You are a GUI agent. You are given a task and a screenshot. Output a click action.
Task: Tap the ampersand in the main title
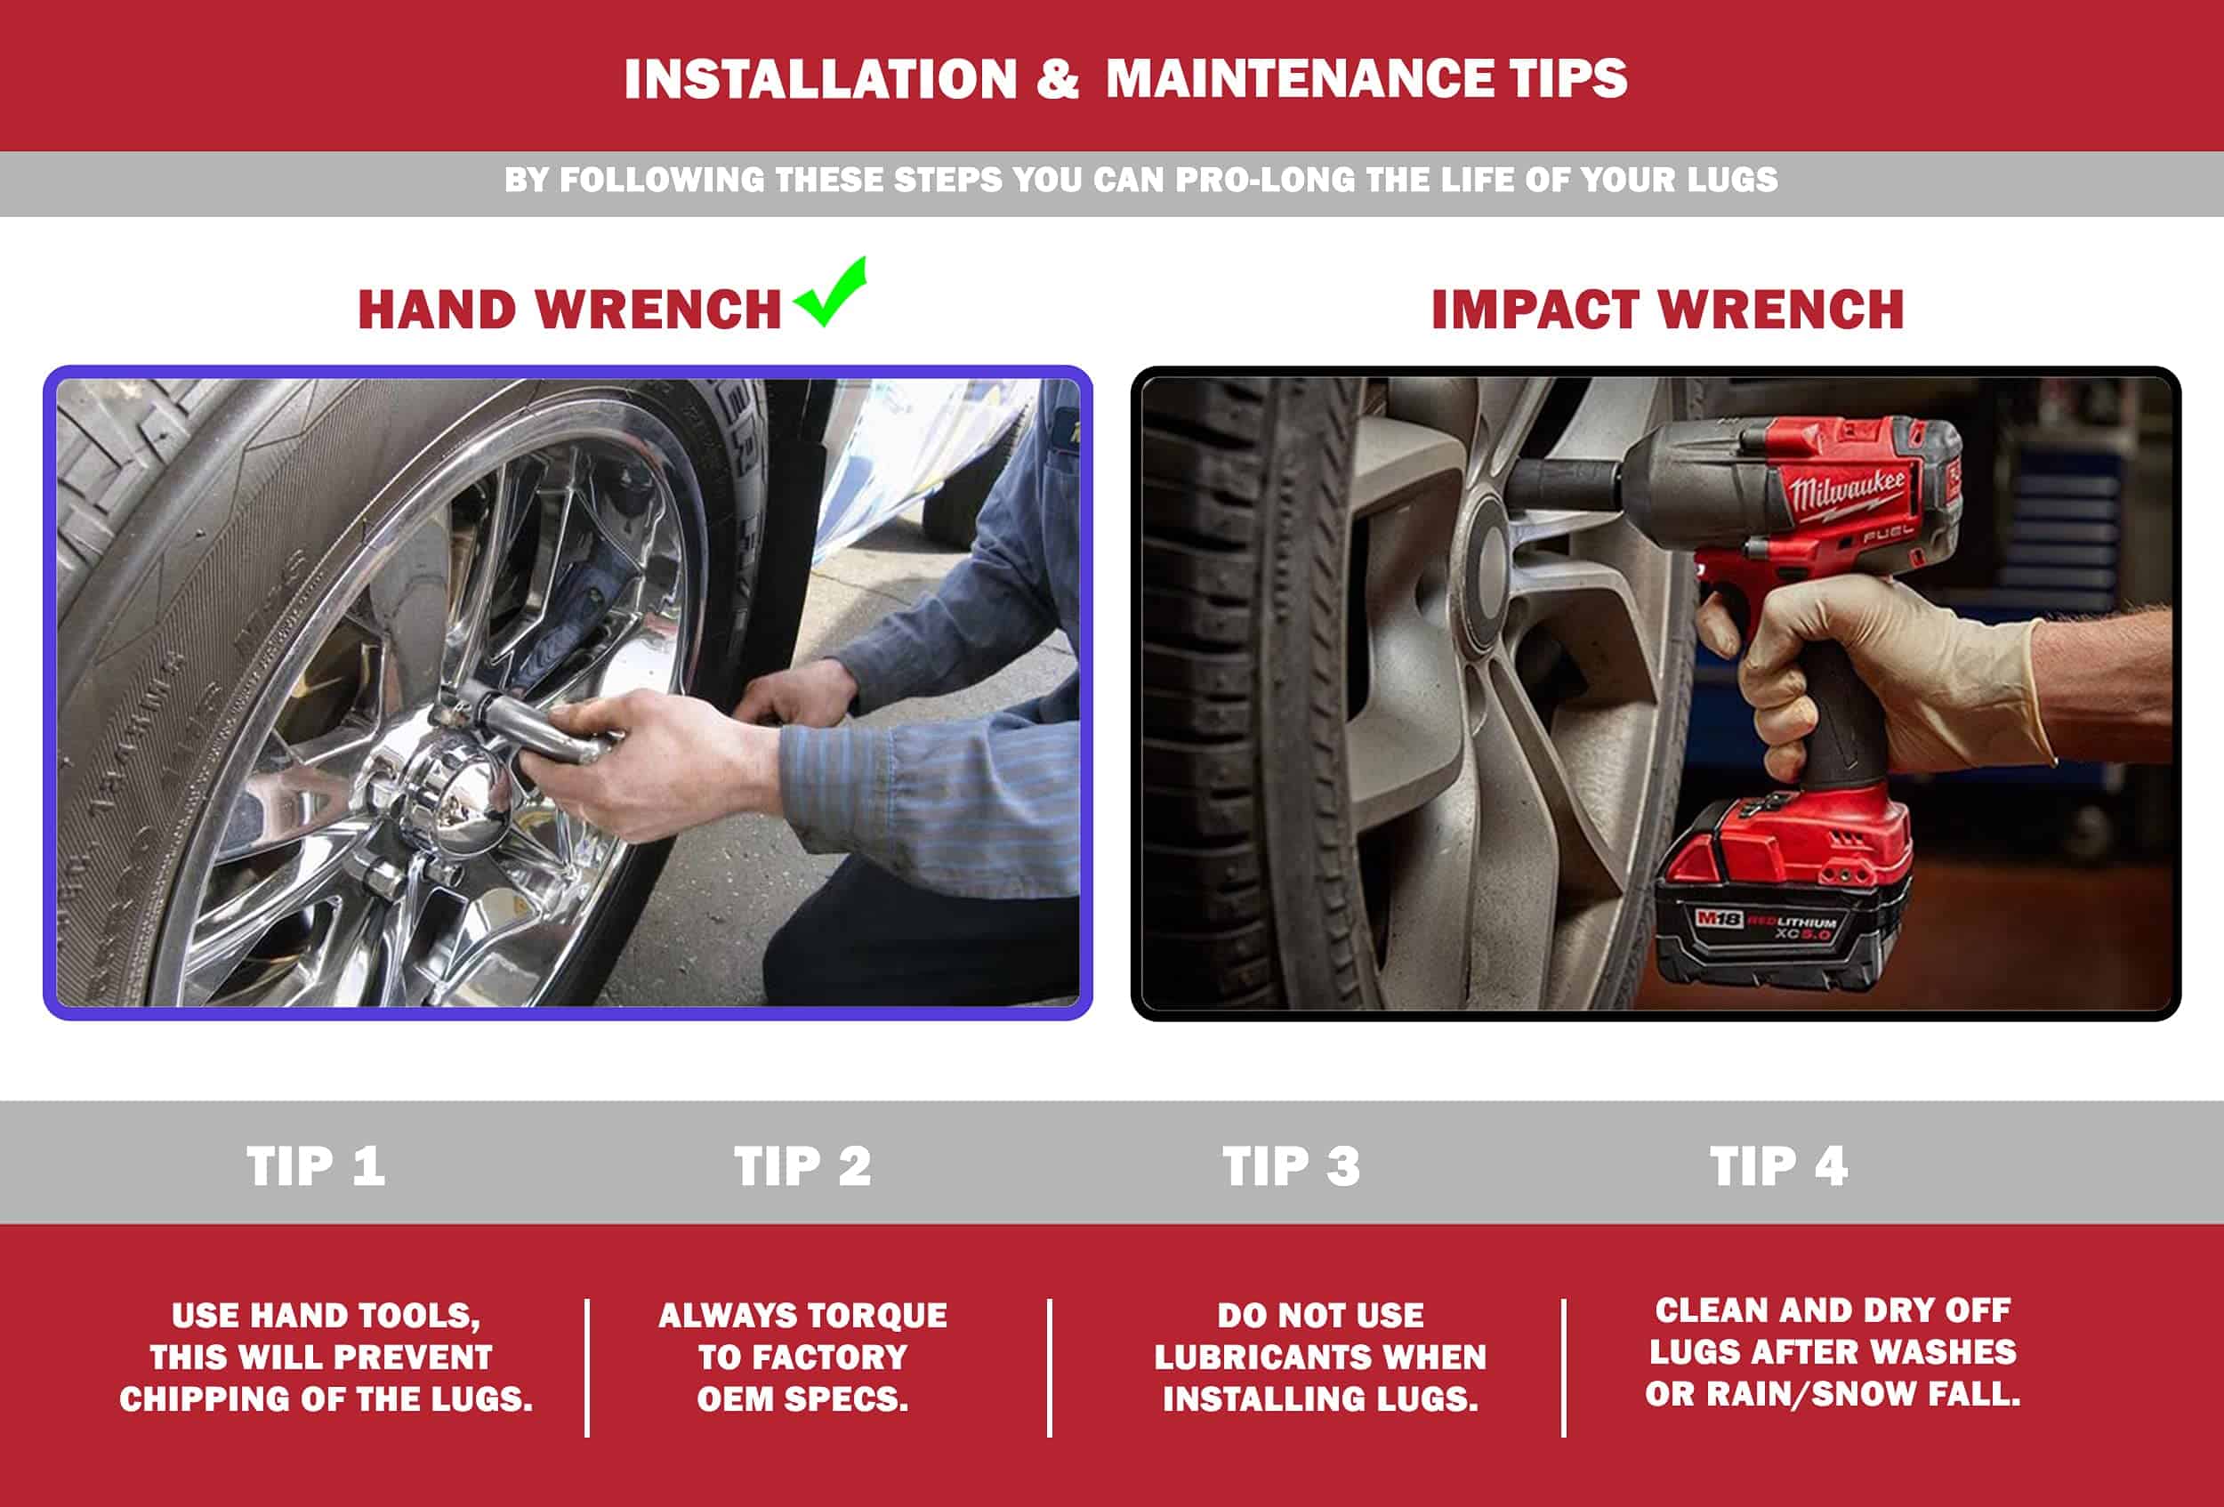[x=1058, y=78]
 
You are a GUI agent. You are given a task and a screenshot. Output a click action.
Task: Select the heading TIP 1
[x=316, y=1166]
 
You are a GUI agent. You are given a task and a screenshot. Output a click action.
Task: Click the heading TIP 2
[x=803, y=1166]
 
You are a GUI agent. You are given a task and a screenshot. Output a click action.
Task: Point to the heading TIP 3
[x=1291, y=1166]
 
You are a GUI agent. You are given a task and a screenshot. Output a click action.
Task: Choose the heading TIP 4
[x=1779, y=1166]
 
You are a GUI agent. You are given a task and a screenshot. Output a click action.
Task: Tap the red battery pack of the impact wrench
[x=1782, y=895]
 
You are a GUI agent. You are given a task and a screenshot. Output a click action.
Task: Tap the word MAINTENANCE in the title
[x=1299, y=78]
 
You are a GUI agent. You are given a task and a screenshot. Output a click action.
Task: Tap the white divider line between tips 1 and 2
[x=586, y=1367]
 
